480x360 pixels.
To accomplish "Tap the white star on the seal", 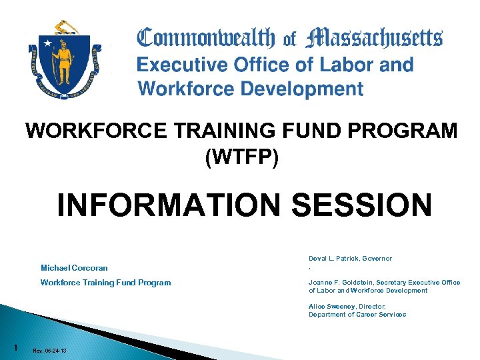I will click(x=48, y=43).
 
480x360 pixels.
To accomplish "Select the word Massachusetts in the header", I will click(x=373, y=39).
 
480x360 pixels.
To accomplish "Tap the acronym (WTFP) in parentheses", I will click(x=241, y=157).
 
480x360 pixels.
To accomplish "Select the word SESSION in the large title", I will click(x=363, y=205).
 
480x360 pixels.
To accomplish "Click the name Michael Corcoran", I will click(x=74, y=268).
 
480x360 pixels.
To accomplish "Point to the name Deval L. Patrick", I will click(x=331, y=259).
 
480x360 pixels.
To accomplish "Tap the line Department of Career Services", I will click(x=357, y=315).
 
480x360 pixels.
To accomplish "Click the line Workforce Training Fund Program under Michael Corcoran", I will click(x=105, y=283).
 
